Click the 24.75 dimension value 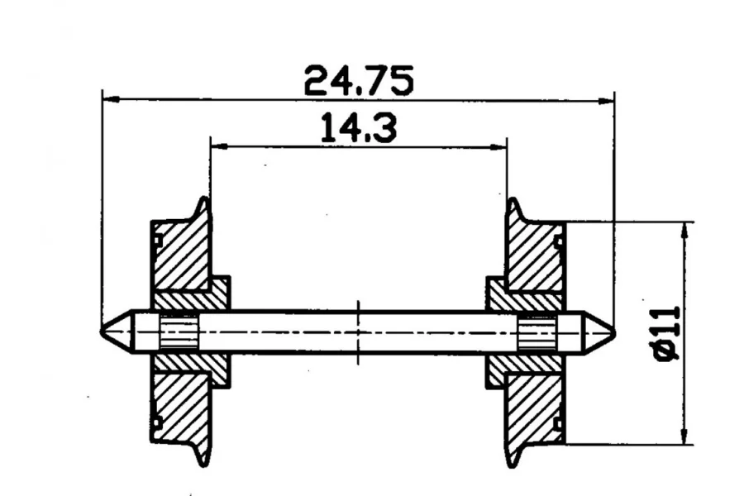tap(359, 80)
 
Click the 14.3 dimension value tap(359, 127)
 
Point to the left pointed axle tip tap(102, 331)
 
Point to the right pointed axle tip tap(614, 331)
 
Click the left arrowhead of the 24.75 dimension tap(111, 98)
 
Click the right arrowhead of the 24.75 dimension tap(606, 101)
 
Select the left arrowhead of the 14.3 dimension tap(219, 146)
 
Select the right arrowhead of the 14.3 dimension tap(498, 148)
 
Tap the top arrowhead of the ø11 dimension tap(684, 230)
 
